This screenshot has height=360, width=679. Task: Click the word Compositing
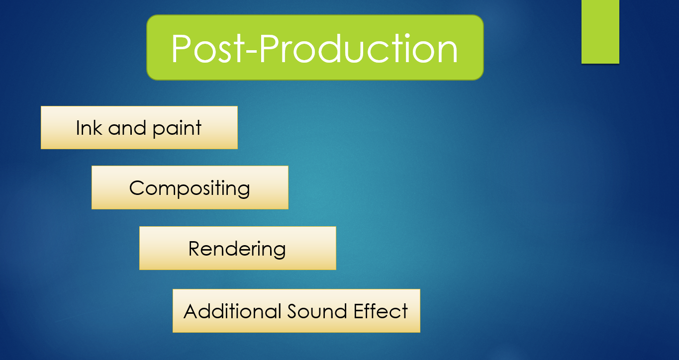[x=190, y=188]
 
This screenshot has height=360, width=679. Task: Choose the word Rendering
[x=237, y=249]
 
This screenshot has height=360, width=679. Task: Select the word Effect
[x=381, y=311]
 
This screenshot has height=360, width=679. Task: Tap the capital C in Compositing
[x=136, y=188]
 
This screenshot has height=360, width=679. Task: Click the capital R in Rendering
[x=194, y=248]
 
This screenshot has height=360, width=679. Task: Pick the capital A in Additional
[x=191, y=311]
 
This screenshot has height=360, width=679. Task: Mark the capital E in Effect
[x=359, y=311]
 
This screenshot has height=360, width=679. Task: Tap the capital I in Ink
[x=78, y=128]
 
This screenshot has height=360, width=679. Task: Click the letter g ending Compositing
[x=245, y=190]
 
